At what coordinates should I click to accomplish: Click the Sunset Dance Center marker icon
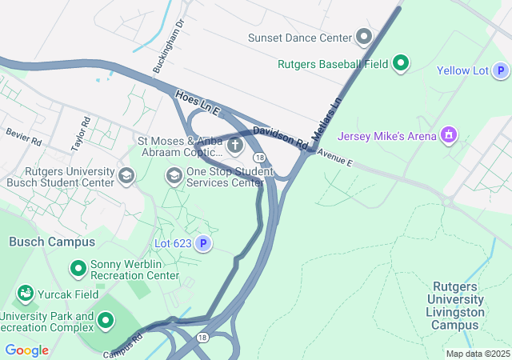coord(365,38)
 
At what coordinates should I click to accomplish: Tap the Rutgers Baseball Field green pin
coord(401,63)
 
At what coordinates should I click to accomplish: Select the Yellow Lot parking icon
coord(500,71)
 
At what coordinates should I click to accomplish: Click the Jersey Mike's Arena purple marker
coord(450,135)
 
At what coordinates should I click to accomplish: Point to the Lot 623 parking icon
coord(204,243)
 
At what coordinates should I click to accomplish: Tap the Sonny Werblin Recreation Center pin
coord(78,268)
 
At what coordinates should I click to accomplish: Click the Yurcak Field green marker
coord(25,294)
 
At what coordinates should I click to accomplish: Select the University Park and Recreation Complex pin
coord(105,322)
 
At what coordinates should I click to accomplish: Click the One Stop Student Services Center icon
coord(174,174)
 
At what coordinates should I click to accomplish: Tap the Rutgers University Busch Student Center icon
coord(126,175)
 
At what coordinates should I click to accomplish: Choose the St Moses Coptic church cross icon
coord(235,146)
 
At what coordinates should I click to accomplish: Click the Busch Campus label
coord(52,242)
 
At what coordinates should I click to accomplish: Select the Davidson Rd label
coord(280,137)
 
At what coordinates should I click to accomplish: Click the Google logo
coord(26,350)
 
